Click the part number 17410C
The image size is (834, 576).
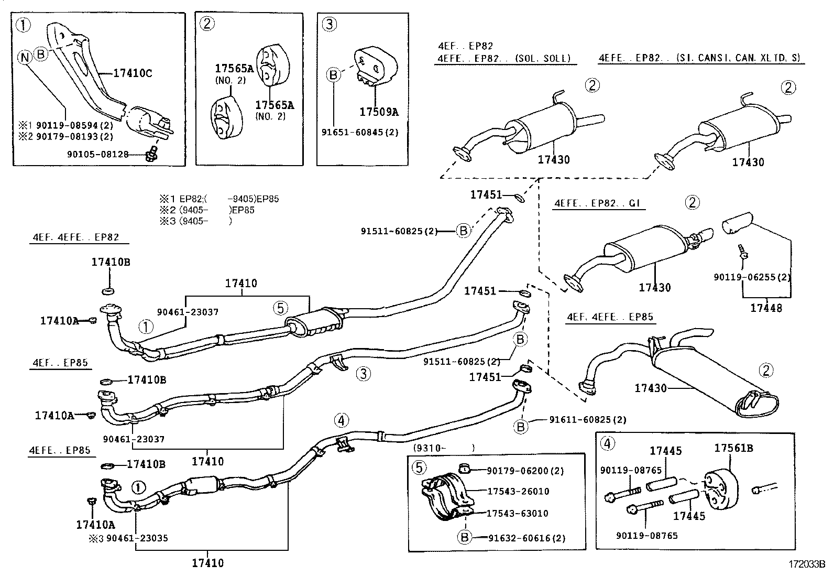[133, 73]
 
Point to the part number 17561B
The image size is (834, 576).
[734, 448]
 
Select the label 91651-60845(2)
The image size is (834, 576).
[360, 132]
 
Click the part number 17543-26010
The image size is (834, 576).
[518, 492]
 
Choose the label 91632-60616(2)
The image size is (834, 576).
[519, 538]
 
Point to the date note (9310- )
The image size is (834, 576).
[444, 448]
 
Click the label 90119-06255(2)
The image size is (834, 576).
[752, 277]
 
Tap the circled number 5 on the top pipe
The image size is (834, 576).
[280, 308]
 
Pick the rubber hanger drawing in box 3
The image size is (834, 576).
[375, 66]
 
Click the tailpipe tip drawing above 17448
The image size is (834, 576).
[737, 222]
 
